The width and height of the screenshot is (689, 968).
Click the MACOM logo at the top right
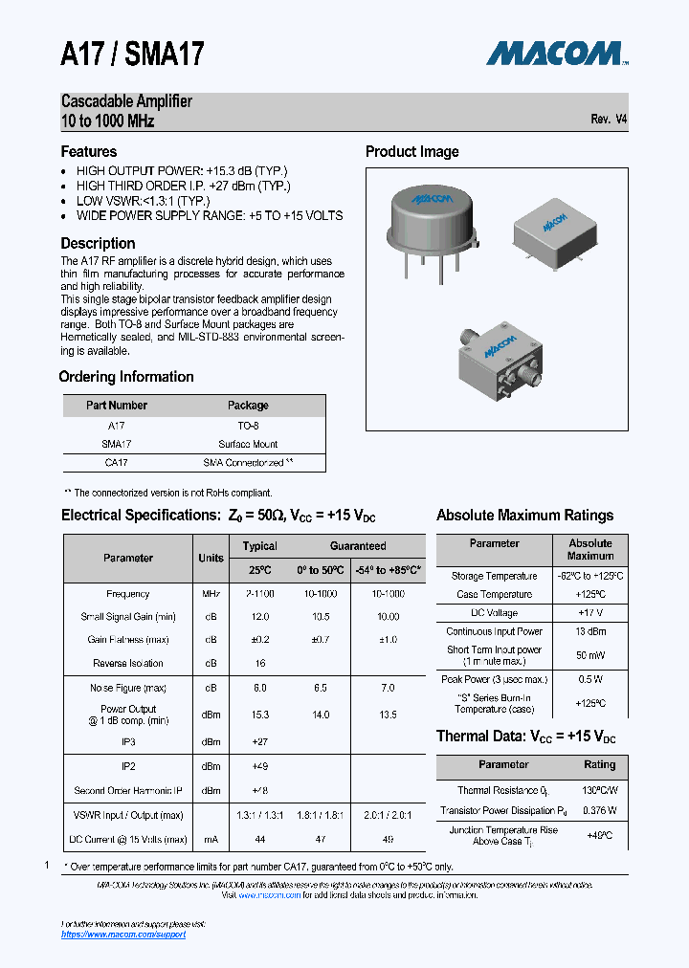556,53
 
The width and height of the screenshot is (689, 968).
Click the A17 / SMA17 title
133,55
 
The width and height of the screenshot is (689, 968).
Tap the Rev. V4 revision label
609,120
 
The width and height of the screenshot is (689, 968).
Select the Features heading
89,152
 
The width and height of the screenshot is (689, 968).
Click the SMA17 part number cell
116,444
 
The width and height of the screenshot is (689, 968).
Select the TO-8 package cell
248,426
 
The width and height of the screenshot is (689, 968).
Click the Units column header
211,558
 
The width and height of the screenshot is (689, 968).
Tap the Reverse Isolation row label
128,663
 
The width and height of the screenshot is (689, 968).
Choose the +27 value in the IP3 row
260,741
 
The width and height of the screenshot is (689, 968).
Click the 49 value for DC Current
388,839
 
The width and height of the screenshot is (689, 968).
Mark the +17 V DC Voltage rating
590,612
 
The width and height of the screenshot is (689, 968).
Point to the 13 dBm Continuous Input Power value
590,631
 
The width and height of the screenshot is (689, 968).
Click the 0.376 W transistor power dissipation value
599,809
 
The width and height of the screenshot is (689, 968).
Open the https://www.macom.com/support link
123,934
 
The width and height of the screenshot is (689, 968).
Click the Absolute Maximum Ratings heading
524,516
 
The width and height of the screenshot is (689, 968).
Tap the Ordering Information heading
126,377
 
